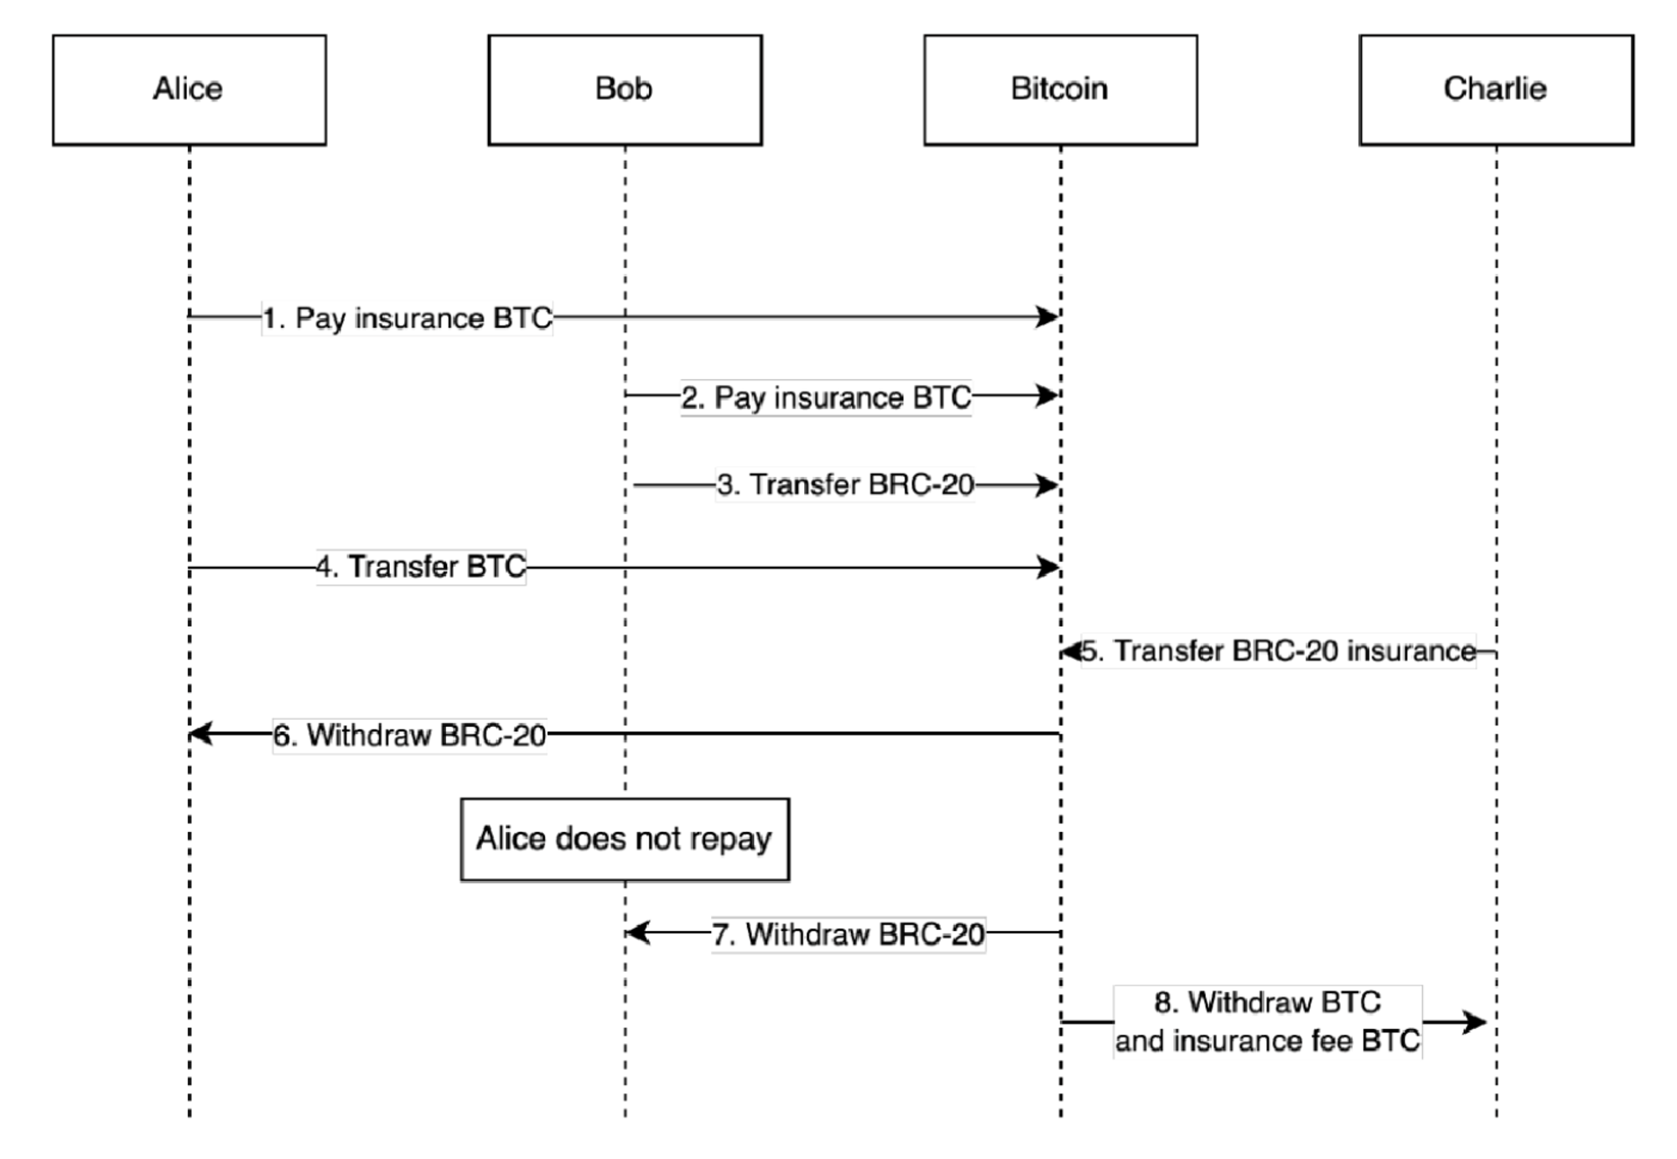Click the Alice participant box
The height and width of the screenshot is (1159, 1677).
pyautogui.click(x=189, y=90)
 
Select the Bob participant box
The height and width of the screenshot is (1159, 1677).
pyautogui.click(x=625, y=90)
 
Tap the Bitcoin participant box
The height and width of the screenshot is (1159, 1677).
pyautogui.click(x=1060, y=90)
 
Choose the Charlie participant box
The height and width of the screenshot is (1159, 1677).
pyautogui.click(x=1496, y=90)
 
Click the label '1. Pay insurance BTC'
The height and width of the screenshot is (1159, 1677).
pyautogui.click(x=408, y=319)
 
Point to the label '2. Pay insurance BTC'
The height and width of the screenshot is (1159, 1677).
pyautogui.click(x=826, y=398)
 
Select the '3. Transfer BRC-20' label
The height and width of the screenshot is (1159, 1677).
pyautogui.click(x=845, y=485)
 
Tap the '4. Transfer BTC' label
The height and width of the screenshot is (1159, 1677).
pyautogui.click(x=421, y=567)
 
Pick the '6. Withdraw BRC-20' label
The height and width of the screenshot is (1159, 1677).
pyautogui.click(x=410, y=735)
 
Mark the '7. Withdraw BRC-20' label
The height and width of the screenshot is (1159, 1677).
pyautogui.click(x=849, y=934)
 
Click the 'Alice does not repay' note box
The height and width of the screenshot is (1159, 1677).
pyautogui.click(x=625, y=839)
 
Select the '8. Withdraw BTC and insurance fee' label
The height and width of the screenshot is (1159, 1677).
pyautogui.click(x=1267, y=1021)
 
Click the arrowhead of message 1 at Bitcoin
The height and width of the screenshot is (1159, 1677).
pyautogui.click(x=1049, y=317)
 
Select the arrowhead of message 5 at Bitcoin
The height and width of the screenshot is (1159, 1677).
pyautogui.click(x=1071, y=652)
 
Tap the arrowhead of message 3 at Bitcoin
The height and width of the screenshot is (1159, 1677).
pyautogui.click(x=1048, y=485)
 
